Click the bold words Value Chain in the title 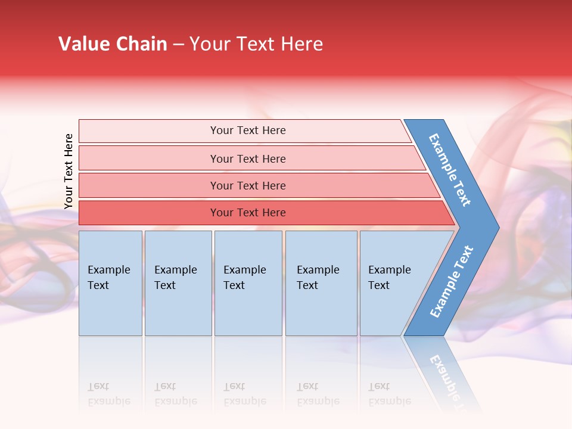pos(113,44)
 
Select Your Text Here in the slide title pos(256,44)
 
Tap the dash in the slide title pos(178,45)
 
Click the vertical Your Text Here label pos(69,172)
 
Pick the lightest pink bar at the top pos(247,130)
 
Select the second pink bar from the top pos(247,158)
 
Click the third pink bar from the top pos(247,185)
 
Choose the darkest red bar pos(247,213)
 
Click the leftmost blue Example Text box pos(110,283)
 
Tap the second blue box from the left pos(178,283)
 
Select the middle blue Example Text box pos(248,283)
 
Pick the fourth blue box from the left pos(321,283)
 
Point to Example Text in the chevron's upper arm pos(450,170)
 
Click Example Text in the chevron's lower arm pos(451,282)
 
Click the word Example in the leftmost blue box pos(108,270)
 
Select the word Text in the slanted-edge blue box pos(378,285)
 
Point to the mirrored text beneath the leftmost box pos(108,394)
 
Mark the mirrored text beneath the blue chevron pos(447,375)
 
